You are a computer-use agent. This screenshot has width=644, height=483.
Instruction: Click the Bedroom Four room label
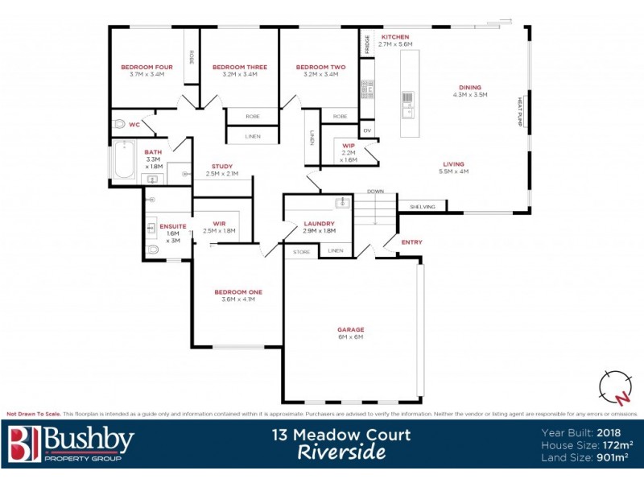(142, 67)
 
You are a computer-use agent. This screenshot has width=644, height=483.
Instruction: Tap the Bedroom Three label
(233, 67)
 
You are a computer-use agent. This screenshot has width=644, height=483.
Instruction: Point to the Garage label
(351, 329)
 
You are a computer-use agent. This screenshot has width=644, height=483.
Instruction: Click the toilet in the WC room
(120, 125)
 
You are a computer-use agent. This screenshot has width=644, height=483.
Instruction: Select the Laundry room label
(319, 224)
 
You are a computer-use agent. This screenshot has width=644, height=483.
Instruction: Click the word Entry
(411, 242)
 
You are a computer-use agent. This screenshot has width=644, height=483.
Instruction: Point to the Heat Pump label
(520, 114)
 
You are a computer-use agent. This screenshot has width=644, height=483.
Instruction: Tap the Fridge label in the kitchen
(366, 43)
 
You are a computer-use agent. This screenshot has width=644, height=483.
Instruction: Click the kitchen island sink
(407, 111)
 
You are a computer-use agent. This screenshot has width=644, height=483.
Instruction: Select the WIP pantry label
(349, 146)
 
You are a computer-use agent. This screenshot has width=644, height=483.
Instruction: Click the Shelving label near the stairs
(423, 207)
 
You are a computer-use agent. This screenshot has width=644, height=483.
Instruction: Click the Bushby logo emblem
(23, 444)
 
